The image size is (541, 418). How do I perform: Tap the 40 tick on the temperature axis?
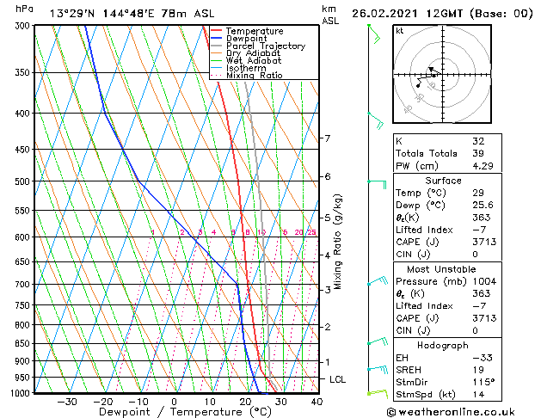[317, 402]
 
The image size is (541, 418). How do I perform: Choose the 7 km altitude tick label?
[327, 138]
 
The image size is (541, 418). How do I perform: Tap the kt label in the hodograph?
[400, 31]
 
